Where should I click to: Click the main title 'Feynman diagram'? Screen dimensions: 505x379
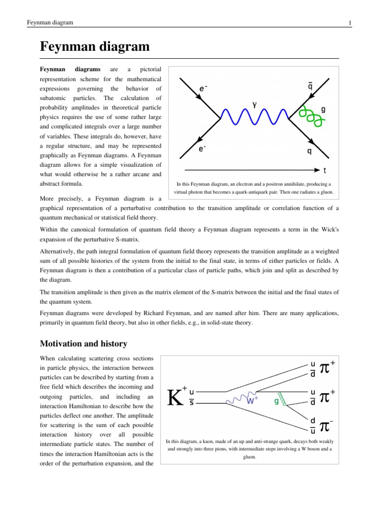(x=94, y=47)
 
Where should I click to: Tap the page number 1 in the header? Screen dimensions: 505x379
(x=349, y=23)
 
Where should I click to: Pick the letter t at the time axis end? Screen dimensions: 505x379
(x=324, y=172)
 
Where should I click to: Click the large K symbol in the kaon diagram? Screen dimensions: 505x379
(x=176, y=397)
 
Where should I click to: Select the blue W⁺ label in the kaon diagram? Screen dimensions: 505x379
(x=253, y=401)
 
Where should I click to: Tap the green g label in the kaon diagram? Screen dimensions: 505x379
(x=276, y=401)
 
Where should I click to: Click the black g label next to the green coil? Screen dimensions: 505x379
(x=323, y=110)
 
